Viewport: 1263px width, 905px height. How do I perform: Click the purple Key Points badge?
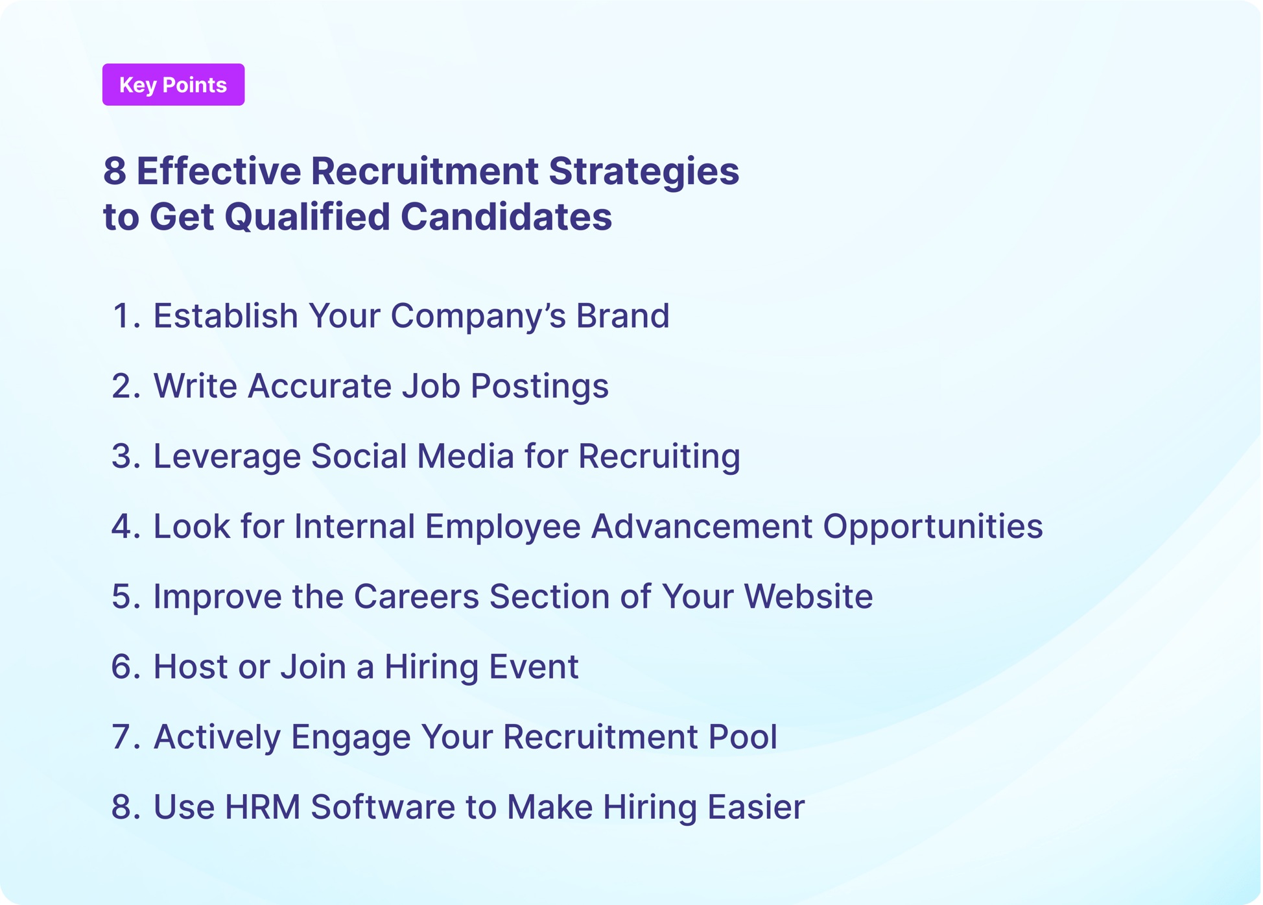coord(173,85)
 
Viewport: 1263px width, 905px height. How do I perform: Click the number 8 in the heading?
coord(115,171)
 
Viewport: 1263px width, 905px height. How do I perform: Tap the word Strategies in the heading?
coord(644,171)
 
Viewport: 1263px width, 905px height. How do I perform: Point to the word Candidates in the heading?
coord(506,217)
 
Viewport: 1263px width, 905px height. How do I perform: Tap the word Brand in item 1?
coord(622,316)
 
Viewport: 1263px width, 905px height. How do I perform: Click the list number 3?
coord(125,456)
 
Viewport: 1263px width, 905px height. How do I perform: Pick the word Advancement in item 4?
coord(701,526)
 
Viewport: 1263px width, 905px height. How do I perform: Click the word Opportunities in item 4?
coord(933,526)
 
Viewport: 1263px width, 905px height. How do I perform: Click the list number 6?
coord(125,666)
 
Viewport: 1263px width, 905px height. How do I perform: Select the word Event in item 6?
coord(533,666)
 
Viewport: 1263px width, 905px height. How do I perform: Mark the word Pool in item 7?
coord(742,737)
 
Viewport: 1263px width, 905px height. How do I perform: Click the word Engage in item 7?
coord(350,737)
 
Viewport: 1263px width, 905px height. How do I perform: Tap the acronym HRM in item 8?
coord(262,807)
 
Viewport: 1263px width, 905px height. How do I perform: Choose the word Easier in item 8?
coord(755,807)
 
